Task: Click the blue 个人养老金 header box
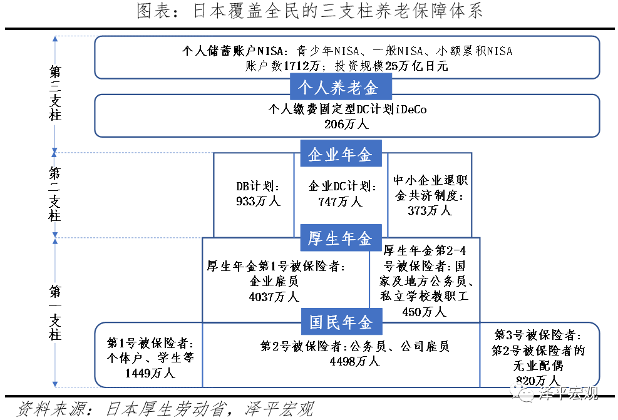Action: tap(341, 86)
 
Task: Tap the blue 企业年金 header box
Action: tap(341, 154)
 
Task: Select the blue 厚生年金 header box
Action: tap(341, 238)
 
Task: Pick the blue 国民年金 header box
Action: tap(341, 322)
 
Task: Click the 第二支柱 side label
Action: tap(56, 194)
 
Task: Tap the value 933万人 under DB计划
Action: tap(254, 202)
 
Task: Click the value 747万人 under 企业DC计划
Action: tap(341, 202)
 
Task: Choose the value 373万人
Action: tap(430, 211)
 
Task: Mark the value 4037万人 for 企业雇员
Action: tap(274, 297)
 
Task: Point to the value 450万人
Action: tap(425, 311)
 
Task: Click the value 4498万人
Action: tap(355, 361)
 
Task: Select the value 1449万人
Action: tap(150, 374)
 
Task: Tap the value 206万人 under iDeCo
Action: tap(347, 125)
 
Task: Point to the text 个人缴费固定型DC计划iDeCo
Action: tap(347, 109)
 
